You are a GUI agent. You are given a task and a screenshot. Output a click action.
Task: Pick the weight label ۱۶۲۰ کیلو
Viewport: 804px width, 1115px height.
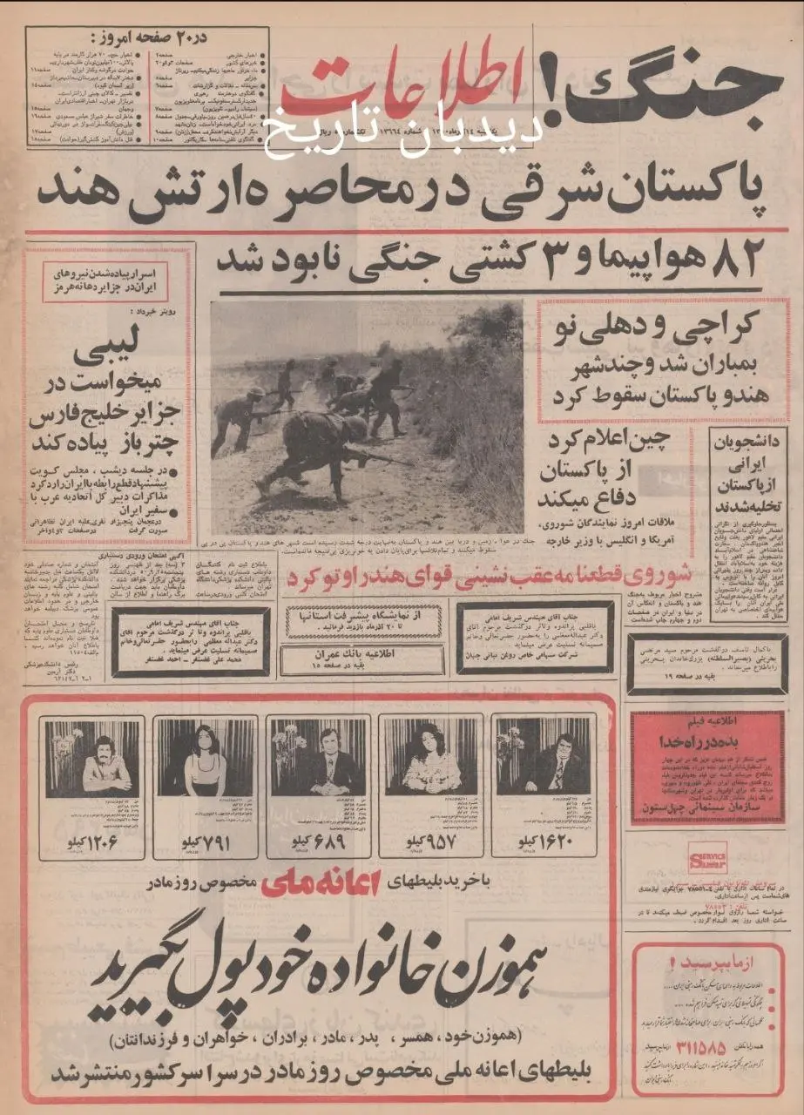coord(544,844)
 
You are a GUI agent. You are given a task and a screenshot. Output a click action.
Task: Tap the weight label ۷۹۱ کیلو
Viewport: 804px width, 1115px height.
coord(204,844)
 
